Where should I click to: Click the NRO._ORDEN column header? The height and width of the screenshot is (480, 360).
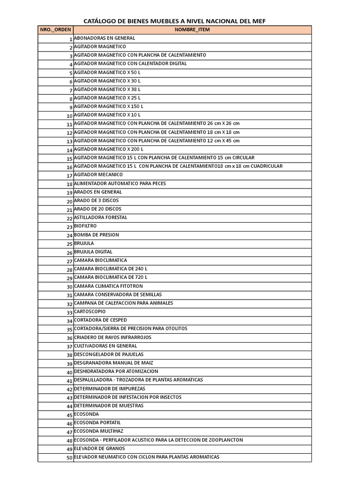(x=55, y=30)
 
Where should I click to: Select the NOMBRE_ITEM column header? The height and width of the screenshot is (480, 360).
(x=192, y=30)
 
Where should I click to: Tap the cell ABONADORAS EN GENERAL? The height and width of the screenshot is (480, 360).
(x=105, y=38)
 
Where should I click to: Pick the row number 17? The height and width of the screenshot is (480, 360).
(x=69, y=176)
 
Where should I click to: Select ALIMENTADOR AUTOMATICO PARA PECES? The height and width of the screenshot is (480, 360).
(x=120, y=183)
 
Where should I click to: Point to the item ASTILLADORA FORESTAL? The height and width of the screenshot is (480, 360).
(x=101, y=217)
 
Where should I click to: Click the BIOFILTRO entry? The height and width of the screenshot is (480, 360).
(x=85, y=226)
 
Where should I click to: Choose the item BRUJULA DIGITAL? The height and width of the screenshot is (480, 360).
(x=93, y=252)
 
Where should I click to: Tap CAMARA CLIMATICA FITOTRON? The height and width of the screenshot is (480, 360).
(x=108, y=286)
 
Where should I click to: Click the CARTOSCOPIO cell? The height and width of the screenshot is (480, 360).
(x=90, y=312)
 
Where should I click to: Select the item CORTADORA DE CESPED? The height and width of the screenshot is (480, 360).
(x=100, y=320)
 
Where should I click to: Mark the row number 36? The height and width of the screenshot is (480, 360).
(x=69, y=338)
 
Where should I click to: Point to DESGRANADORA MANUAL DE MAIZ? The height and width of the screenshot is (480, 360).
(x=113, y=363)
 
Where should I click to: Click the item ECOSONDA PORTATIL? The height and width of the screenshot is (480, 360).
(x=94, y=423)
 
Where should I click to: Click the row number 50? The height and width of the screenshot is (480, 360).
(x=69, y=458)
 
